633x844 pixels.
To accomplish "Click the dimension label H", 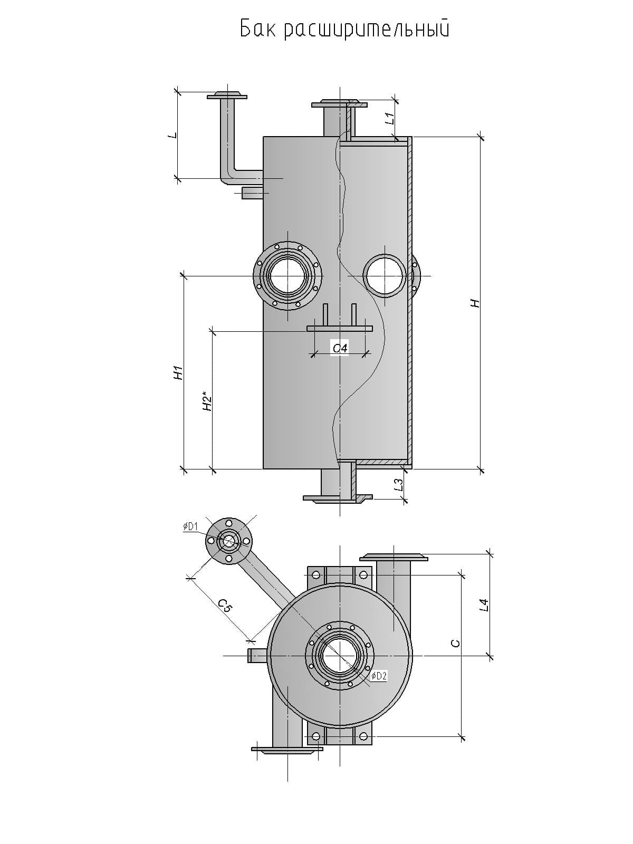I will pyautogui.click(x=475, y=303).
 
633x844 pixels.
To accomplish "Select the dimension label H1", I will pyautogui.click(x=179, y=372).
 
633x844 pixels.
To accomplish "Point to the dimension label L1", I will pyautogui.click(x=390, y=119).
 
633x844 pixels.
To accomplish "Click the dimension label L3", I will pyautogui.click(x=400, y=484).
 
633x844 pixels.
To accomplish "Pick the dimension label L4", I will pyautogui.click(x=485, y=605).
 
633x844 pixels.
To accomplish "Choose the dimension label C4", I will pyautogui.click(x=340, y=348).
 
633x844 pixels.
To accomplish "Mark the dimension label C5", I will pyautogui.click(x=225, y=607).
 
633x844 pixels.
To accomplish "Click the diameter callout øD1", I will pyautogui.click(x=190, y=526).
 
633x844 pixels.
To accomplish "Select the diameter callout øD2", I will pyautogui.click(x=379, y=676).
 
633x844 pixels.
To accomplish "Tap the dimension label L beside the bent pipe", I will pyautogui.click(x=171, y=136).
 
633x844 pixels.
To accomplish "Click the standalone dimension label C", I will pyautogui.click(x=456, y=643).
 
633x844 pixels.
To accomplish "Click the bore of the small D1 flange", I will pyautogui.click(x=229, y=541).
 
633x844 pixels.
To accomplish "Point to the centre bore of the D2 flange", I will pyautogui.click(x=340, y=656).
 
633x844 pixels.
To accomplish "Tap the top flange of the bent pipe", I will pyautogui.click(x=227, y=96).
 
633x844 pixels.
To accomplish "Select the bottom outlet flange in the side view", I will pyautogui.click(x=338, y=497).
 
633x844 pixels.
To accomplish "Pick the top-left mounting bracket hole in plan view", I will pyautogui.click(x=316, y=574).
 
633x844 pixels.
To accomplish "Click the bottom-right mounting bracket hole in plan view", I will pyautogui.click(x=363, y=736).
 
